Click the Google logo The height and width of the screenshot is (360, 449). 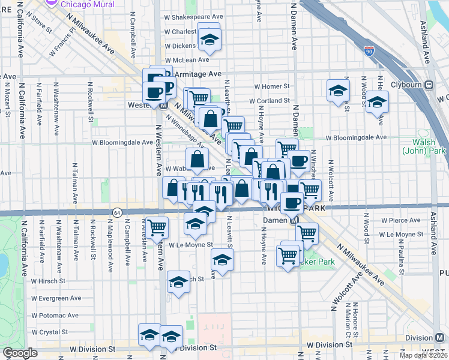(x=20, y=353)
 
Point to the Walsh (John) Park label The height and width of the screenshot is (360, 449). (x=427, y=147)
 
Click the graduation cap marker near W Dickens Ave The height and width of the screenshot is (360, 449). (x=209, y=40)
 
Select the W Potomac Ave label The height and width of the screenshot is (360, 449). (x=55, y=315)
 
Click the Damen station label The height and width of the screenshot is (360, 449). (x=276, y=220)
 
